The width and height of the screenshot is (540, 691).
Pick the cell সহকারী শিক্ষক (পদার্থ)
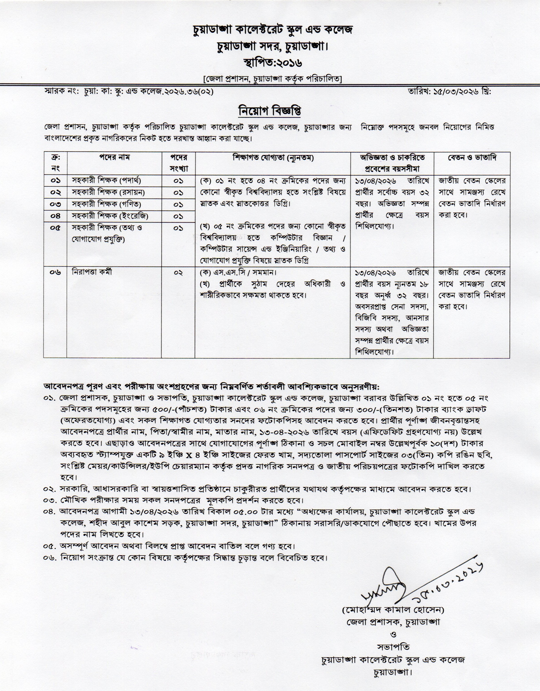click(106, 181)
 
